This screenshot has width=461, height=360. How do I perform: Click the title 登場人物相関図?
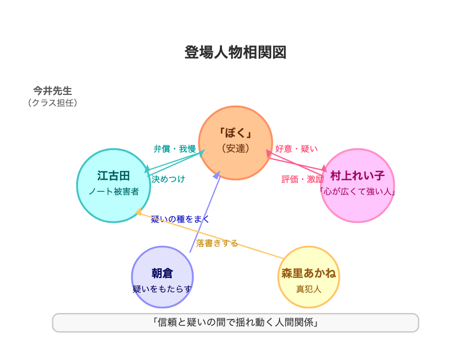point(235,53)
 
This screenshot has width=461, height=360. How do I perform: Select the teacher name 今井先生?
point(53,91)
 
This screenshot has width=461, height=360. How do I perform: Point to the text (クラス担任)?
point(53,103)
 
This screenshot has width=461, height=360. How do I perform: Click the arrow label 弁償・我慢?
point(174,149)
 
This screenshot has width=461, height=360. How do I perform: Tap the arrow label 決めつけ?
point(168,179)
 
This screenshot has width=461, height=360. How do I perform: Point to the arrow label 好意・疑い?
point(296,149)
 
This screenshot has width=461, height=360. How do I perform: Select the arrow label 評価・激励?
point(303,179)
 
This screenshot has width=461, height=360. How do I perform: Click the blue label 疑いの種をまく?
point(180,219)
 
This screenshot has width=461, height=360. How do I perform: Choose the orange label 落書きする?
point(217,243)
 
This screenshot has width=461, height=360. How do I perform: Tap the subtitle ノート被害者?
point(114,191)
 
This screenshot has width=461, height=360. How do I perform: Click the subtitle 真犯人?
point(309,289)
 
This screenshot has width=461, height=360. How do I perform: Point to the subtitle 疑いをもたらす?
point(162,289)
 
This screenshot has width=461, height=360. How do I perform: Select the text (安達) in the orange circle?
point(235,148)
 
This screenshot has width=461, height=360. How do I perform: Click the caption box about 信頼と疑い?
point(235,323)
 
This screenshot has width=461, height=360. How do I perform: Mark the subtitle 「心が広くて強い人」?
point(357,191)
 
